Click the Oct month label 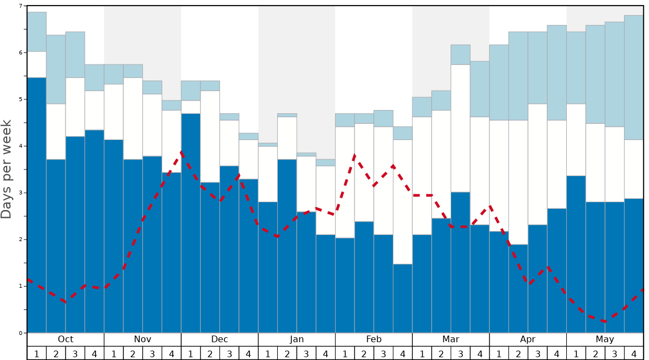(66, 339)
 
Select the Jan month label (297, 339)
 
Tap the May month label (605, 339)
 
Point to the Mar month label (451, 339)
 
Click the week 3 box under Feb (383, 353)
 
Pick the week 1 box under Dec (191, 353)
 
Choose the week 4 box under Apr (557, 353)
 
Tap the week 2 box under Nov (133, 353)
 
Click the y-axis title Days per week (7, 169)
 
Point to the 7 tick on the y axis (21, 6)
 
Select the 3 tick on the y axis (21, 193)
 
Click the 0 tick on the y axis (21, 333)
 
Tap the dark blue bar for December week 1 (191, 222)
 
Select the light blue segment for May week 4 (634, 77)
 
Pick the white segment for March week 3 (461, 128)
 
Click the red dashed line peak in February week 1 (355, 156)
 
